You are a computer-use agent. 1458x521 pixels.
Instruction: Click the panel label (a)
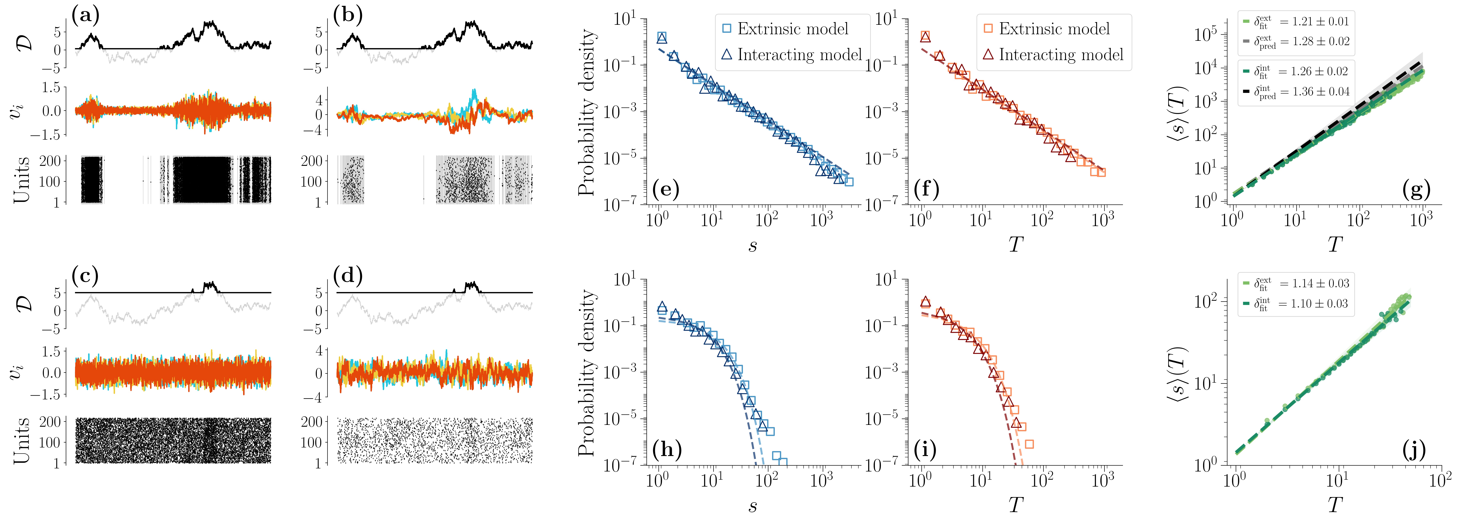(x=85, y=15)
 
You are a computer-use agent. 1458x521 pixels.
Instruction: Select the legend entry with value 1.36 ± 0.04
(x=1296, y=92)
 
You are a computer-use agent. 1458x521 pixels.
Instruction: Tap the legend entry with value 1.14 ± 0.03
(x=1296, y=283)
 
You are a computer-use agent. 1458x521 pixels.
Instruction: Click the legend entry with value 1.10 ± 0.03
(x=1296, y=304)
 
